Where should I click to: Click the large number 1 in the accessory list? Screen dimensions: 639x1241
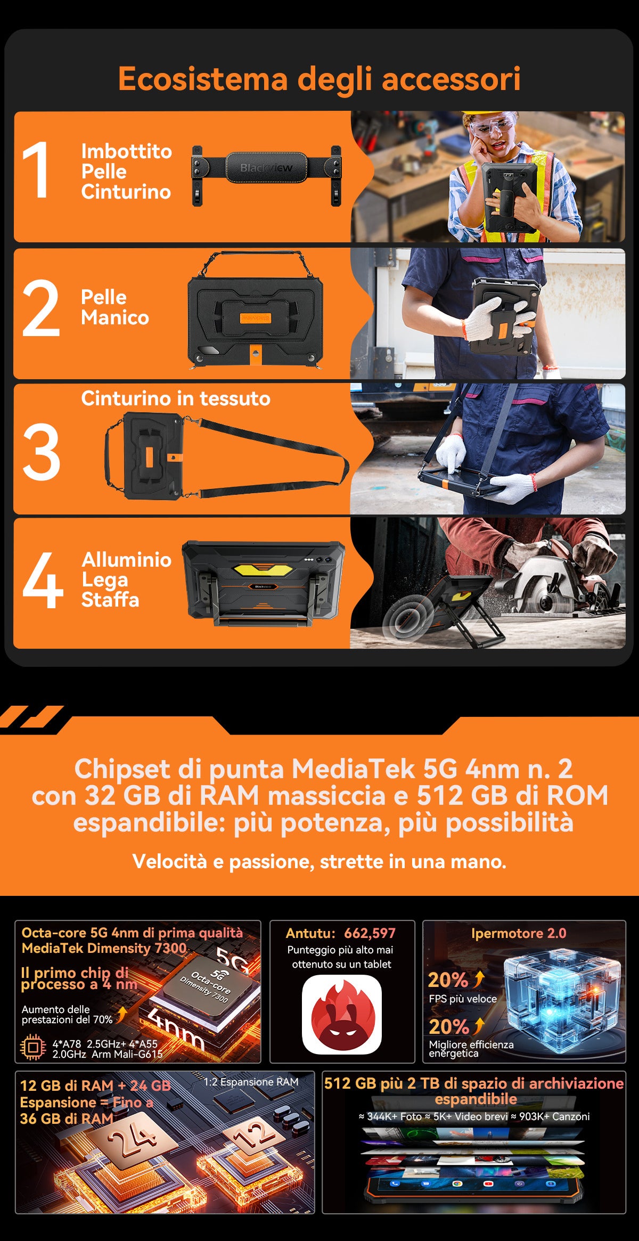coord(36,170)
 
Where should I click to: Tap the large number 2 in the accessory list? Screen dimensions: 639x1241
coord(41,308)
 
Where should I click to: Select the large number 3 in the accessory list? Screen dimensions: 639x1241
coord(41,451)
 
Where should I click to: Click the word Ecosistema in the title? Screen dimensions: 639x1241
coord(203,79)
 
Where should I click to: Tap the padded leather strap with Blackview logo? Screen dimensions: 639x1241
coord(266,175)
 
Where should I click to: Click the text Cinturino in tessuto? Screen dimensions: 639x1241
coord(176,398)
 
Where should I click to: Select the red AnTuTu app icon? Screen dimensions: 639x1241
coord(342,1014)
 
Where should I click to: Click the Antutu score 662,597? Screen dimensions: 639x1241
coord(370,933)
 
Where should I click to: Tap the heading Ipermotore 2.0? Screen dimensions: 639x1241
coord(519,933)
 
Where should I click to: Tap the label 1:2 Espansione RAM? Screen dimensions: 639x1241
coord(251,1082)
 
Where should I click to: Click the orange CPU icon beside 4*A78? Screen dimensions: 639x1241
coord(33,1048)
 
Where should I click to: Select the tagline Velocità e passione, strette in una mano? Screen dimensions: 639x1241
coord(319,861)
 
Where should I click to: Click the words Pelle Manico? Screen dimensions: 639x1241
coord(115,307)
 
